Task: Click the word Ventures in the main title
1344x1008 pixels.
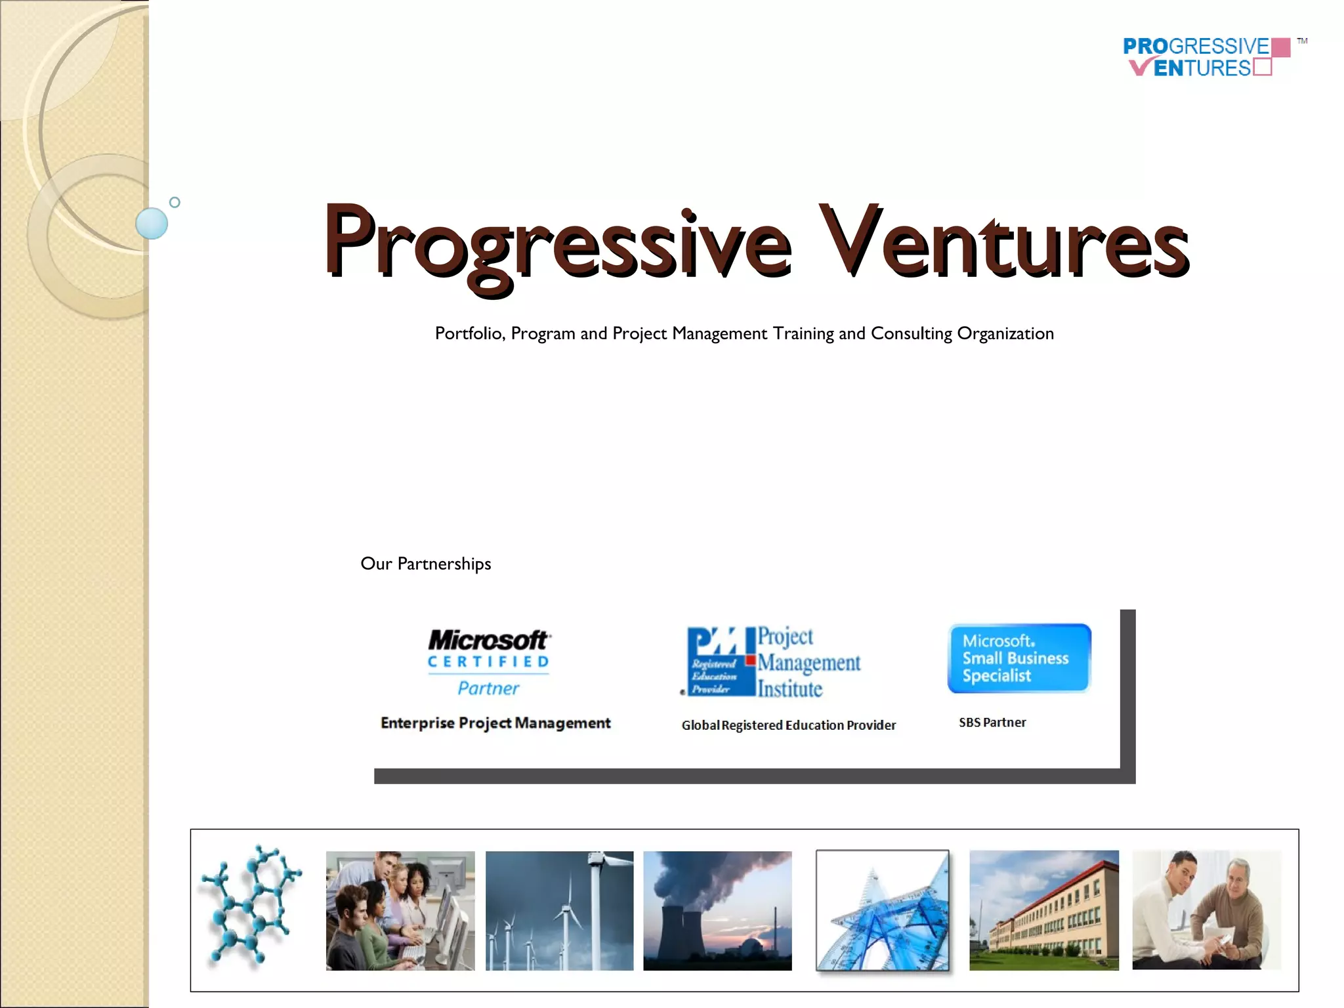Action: click(x=1004, y=243)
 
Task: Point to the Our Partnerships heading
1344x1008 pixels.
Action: click(x=425, y=564)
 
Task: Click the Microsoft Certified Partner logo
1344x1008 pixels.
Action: click(x=489, y=661)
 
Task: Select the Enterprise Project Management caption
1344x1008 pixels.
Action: click(x=495, y=723)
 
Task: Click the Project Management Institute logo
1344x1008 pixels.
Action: click(x=773, y=661)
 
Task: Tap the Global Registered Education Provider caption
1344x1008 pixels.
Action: click(x=788, y=725)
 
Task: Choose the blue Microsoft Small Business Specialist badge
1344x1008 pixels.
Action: click(x=1019, y=658)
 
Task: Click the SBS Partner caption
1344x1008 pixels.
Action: click(x=992, y=723)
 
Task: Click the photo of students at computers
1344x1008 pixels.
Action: click(x=400, y=910)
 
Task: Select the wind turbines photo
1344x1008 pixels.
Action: click(x=559, y=910)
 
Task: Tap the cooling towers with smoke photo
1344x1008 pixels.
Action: click(x=717, y=910)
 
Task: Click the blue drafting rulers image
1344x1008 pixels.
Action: click(x=883, y=910)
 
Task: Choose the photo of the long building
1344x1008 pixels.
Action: click(x=1043, y=910)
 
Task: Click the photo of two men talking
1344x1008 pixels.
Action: click(x=1206, y=910)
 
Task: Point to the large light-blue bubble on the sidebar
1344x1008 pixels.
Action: click(x=152, y=223)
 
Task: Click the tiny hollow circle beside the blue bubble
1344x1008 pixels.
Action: click(x=175, y=202)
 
